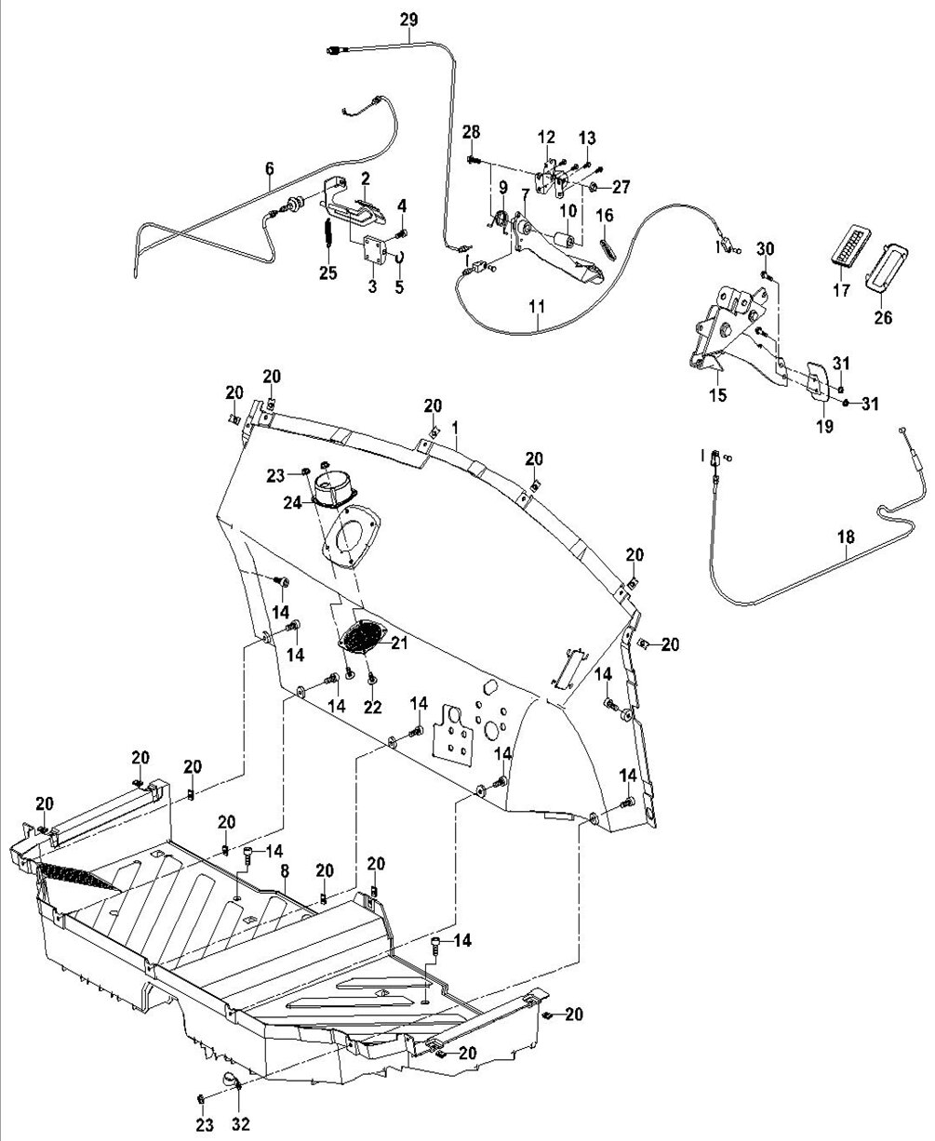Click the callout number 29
pyautogui.click(x=409, y=20)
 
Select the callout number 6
pyautogui.click(x=270, y=168)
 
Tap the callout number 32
pyautogui.click(x=241, y=1124)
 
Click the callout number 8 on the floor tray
pyautogui.click(x=285, y=871)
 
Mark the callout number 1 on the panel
pyautogui.click(x=456, y=429)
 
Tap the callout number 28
pyautogui.click(x=471, y=131)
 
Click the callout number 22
pyautogui.click(x=373, y=708)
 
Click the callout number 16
pyautogui.click(x=605, y=216)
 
